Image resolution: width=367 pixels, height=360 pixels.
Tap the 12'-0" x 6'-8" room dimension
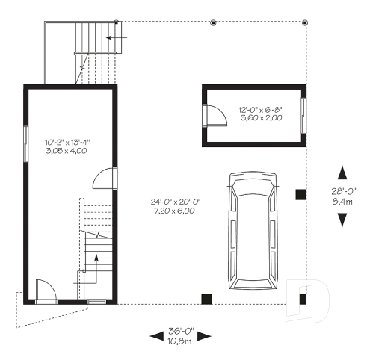261,108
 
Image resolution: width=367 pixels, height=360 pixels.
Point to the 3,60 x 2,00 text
261,117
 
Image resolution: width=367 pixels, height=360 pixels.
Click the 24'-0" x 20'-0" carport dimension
173,201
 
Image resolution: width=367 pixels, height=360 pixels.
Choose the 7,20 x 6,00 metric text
173,211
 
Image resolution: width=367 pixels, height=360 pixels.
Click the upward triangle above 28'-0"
342,173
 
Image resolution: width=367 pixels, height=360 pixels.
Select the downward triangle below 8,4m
342,219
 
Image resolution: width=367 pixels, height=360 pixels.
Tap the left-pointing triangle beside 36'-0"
157,337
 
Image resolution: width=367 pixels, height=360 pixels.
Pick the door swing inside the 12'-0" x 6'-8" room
215,116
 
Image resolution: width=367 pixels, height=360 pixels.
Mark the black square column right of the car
300,195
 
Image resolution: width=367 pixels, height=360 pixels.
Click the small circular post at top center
213,22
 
